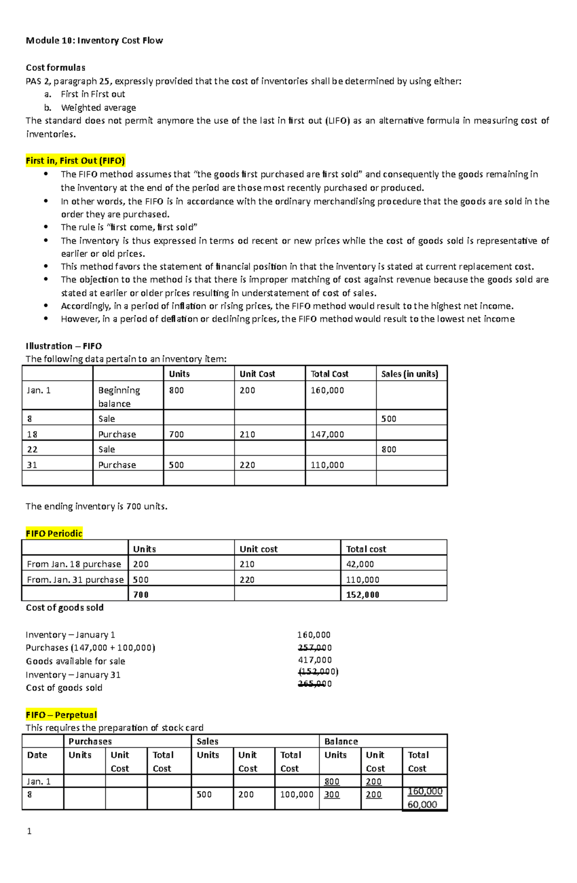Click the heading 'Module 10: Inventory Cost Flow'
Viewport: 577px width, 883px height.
[94, 40]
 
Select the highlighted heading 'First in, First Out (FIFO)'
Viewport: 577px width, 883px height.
[75, 161]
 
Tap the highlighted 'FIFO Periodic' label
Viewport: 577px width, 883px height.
[54, 533]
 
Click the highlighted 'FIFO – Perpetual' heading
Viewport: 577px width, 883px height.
[62, 715]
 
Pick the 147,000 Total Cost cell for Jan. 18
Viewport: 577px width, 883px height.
[327, 434]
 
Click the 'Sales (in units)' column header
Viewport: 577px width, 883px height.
[410, 374]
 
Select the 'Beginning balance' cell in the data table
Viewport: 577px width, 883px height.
[119, 397]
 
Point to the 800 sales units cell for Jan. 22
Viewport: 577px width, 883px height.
[389, 449]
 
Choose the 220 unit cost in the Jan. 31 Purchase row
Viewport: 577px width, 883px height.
[248, 465]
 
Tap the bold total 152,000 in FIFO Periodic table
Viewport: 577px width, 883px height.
[363, 594]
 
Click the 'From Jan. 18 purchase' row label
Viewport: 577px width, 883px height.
[74, 564]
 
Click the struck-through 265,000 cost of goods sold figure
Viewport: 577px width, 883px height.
[315, 684]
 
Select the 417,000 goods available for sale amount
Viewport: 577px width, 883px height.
[315, 660]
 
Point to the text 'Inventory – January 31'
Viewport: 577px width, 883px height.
[73, 675]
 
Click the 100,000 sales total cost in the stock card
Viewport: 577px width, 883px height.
[297, 794]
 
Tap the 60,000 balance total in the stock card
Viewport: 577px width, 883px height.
[422, 805]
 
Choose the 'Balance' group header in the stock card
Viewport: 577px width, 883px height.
[341, 742]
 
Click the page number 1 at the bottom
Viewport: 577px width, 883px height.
[29, 831]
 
